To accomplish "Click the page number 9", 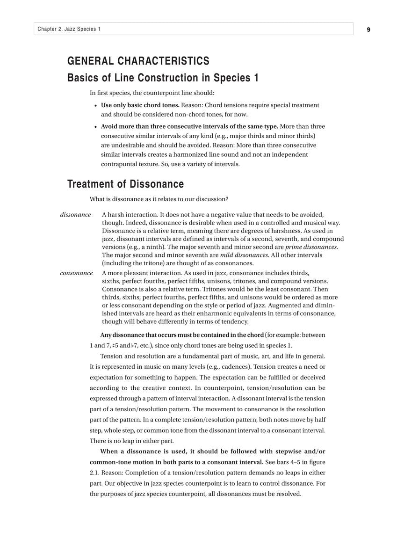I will [368, 29].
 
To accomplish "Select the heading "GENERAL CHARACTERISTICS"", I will [138, 61].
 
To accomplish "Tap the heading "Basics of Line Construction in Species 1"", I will [163, 78].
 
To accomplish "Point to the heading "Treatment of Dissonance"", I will [125, 184].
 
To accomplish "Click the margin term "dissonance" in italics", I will [75, 215].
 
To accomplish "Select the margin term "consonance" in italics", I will [76, 273].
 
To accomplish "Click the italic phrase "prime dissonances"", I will [311, 247].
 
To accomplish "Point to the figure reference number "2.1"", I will [94, 473].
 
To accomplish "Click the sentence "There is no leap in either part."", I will [131, 441].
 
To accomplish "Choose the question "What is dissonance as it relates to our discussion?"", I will [159, 199].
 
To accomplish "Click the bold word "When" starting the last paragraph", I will [109, 452].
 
